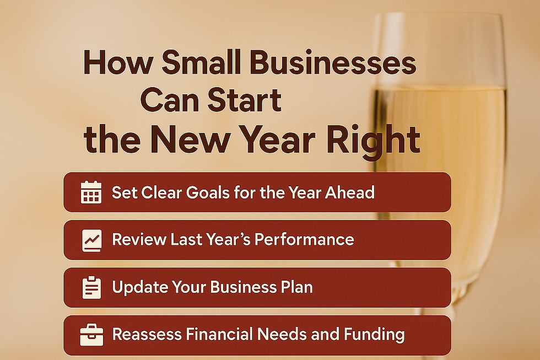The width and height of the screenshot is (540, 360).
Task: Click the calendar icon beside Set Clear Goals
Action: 91,192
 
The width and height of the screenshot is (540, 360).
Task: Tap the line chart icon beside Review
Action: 91,240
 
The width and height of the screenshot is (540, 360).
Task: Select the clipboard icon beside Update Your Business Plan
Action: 91,288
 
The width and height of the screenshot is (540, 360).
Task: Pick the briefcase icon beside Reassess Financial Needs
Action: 91,335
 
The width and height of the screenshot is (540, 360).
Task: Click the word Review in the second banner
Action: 138,240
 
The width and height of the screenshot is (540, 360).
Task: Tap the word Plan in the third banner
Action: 295,287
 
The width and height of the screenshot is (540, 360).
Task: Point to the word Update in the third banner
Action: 138,287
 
